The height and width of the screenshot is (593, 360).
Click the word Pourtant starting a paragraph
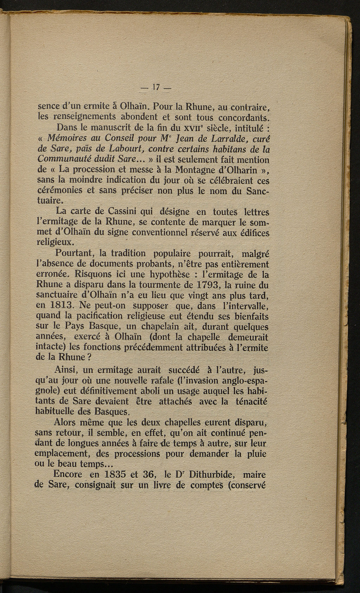[x=73, y=253]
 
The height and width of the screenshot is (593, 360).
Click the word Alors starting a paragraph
[x=68, y=422]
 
